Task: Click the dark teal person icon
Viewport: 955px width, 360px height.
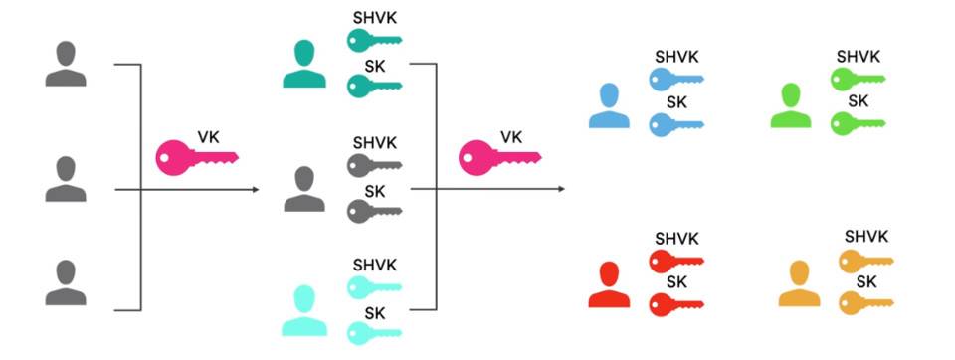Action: click(304, 65)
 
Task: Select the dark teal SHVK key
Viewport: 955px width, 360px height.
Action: click(373, 41)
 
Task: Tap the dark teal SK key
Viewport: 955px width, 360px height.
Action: click(373, 88)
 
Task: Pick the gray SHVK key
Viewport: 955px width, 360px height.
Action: click(373, 163)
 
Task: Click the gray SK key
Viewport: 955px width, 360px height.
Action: click(373, 211)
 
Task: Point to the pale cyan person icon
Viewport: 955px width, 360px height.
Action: click(304, 310)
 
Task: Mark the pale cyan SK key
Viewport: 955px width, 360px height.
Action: click(373, 333)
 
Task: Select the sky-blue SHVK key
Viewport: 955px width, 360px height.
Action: click(676, 79)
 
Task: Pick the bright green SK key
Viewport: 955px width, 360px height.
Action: click(858, 123)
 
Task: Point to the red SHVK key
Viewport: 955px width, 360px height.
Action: click(676, 262)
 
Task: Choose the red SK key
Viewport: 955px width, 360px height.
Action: click(676, 304)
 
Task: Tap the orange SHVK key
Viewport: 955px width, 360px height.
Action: click(865, 261)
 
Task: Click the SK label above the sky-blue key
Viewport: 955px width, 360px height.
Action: click(676, 102)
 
